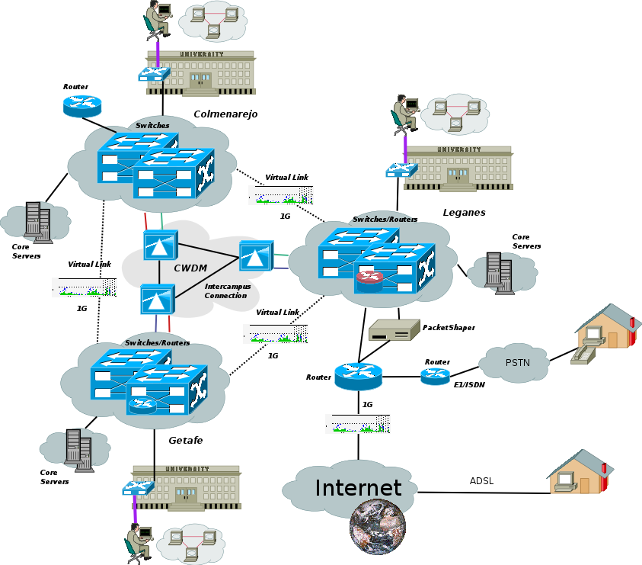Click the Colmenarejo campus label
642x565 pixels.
225,114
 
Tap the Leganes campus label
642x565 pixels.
464,213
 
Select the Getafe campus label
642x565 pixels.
185,440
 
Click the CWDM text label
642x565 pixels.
190,268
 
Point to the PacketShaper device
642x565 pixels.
393,330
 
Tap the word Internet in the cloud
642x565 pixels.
358,488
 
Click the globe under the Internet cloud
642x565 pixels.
377,527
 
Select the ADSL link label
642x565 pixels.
481,481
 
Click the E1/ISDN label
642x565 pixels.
469,385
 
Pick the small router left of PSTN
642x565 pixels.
435,376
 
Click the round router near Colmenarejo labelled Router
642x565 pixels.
82,105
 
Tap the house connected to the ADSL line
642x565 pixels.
580,472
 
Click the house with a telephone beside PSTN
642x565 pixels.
606,329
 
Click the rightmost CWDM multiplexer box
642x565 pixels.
255,256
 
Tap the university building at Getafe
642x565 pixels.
187,486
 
